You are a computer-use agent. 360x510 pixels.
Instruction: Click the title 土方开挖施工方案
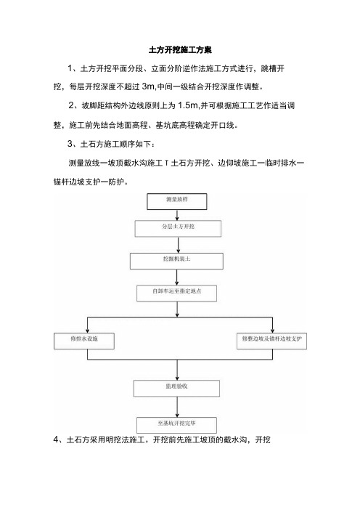pyautogui.click(x=180, y=49)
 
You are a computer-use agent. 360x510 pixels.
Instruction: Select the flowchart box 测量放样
pyautogui.click(x=177, y=202)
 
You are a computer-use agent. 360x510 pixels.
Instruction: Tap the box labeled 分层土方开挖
pyautogui.click(x=178, y=229)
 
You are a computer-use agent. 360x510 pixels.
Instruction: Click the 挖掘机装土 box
pyautogui.click(x=177, y=262)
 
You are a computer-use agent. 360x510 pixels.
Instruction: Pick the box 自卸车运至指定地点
pyautogui.click(x=177, y=294)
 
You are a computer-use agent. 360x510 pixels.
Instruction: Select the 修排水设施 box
pyautogui.click(x=84, y=341)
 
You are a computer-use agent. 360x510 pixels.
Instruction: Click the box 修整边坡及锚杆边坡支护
pyautogui.click(x=272, y=341)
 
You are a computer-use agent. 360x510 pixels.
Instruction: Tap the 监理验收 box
pyautogui.click(x=177, y=389)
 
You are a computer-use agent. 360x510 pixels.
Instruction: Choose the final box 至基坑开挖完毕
pyautogui.click(x=177, y=425)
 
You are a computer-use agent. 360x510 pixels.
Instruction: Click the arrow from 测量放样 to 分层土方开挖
pyautogui.click(x=177, y=215)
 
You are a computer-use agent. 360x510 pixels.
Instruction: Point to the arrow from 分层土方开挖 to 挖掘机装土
pyautogui.click(x=178, y=246)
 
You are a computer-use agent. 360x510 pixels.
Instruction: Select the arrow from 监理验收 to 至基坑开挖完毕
pyautogui.click(x=177, y=407)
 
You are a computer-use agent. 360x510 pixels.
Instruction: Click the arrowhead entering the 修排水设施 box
pyautogui.click(x=87, y=331)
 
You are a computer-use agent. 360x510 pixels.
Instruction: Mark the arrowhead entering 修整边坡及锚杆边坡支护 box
pyautogui.click(x=272, y=331)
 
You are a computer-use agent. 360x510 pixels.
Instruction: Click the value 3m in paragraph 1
pyautogui.click(x=149, y=87)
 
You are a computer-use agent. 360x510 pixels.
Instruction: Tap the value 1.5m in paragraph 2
pyautogui.click(x=188, y=105)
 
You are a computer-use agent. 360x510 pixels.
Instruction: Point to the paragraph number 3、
pyautogui.click(x=72, y=144)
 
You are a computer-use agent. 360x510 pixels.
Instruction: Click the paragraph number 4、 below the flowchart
pyautogui.click(x=58, y=440)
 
